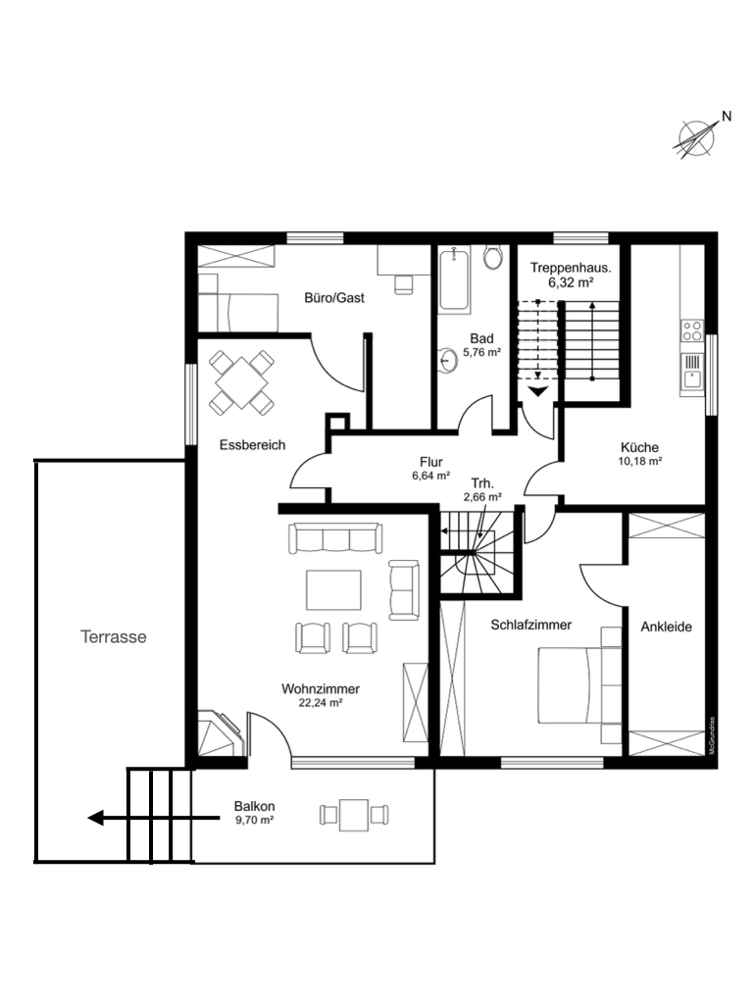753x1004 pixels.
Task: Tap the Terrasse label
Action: (114, 637)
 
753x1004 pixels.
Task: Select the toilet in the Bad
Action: (493, 257)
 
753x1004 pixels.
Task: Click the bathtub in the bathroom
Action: (455, 279)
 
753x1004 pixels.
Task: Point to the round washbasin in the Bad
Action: (447, 360)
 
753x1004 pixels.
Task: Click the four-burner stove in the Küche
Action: (691, 331)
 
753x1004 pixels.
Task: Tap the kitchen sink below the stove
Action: (692, 372)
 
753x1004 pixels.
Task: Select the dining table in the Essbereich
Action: (241, 383)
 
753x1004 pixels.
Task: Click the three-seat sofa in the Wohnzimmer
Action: (335, 538)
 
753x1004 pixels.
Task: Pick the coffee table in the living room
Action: (333, 589)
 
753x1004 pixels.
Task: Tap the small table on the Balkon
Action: (354, 815)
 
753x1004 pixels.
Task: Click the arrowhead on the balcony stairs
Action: (96, 819)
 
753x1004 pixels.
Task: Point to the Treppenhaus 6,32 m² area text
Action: (571, 282)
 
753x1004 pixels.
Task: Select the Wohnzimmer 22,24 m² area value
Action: (321, 702)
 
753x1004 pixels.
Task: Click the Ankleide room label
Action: (666, 627)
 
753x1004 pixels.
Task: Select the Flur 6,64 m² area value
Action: (431, 476)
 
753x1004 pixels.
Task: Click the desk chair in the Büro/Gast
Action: (403, 284)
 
